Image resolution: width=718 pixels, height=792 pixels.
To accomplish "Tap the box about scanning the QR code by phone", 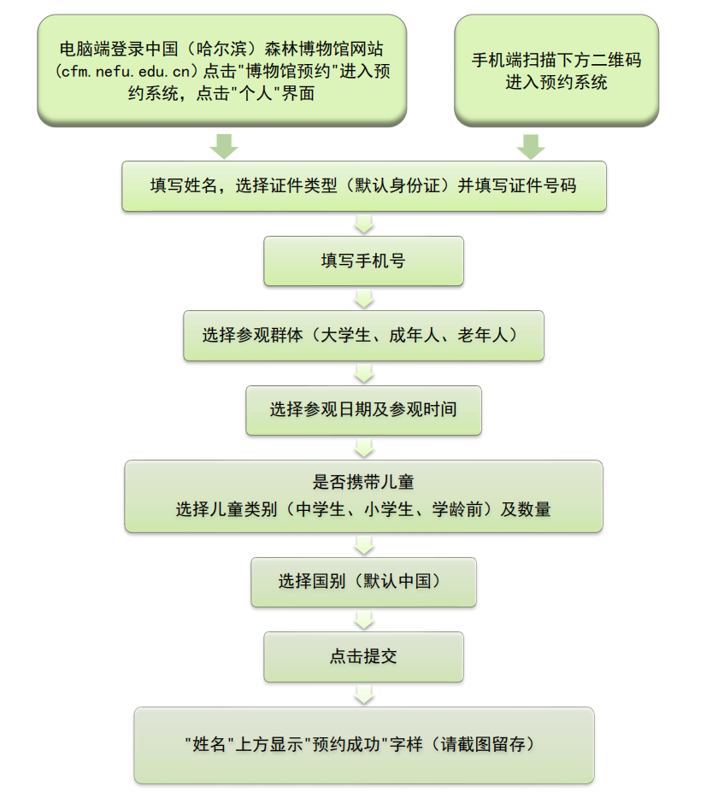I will pos(556,71).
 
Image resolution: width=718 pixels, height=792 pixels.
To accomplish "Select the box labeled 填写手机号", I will pos(363,261).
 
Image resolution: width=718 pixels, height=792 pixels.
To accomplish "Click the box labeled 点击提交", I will pos(363,657).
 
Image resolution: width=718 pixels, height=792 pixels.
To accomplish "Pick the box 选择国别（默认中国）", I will pos(363,582).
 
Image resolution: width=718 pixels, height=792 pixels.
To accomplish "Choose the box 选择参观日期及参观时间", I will pos(363,410).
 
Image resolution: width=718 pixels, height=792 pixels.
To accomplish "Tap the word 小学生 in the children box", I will pos(391,510).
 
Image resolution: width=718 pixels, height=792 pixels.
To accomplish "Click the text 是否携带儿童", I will pos(363,484).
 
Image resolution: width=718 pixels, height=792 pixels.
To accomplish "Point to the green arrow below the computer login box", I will pos(224,146).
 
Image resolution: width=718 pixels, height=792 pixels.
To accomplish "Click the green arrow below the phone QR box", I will pos(531,146).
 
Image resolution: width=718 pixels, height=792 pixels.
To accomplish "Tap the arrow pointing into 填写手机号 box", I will pos(364,224).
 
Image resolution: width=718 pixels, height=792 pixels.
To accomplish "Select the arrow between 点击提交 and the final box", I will pos(364,694).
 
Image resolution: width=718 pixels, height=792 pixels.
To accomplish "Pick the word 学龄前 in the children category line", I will pos(458,510).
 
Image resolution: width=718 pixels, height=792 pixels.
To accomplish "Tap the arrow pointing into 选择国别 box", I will pos(364,545).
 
